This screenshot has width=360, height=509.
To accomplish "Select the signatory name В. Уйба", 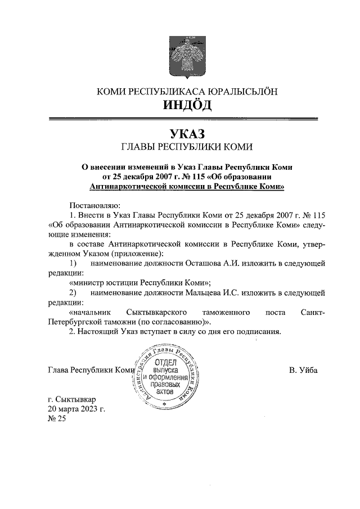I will coord(303,370).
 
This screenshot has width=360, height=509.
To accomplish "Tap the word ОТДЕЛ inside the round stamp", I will coord(163,363).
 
